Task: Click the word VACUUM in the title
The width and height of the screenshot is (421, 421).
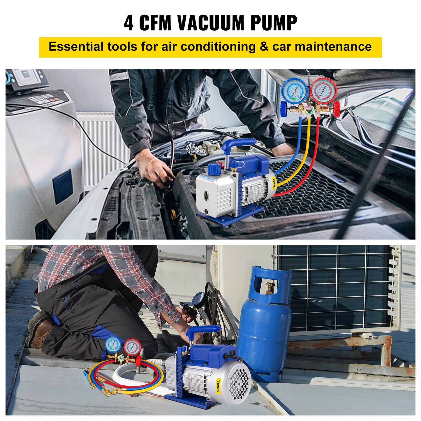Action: (x=210, y=22)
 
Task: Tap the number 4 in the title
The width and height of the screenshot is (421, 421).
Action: (x=128, y=23)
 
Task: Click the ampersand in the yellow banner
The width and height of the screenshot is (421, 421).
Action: (x=264, y=47)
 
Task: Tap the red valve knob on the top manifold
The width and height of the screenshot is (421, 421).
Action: (x=337, y=109)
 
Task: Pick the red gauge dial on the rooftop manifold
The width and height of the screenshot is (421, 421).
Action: (x=133, y=347)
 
